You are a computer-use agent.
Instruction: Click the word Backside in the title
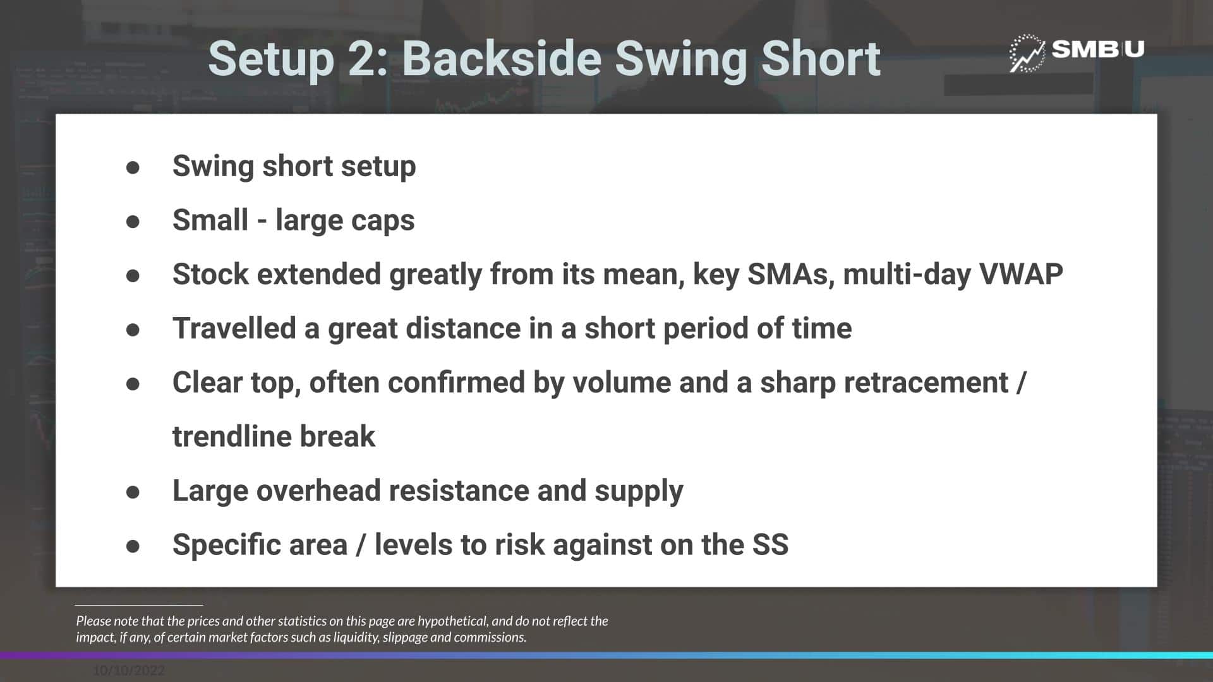502,59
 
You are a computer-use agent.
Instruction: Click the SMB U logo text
1098,49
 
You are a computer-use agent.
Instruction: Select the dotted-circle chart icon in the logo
1027,53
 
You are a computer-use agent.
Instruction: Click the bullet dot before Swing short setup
133,167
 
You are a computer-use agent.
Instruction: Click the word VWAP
1021,274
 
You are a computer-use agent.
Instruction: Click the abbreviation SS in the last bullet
770,545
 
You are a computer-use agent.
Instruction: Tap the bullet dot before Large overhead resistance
133,492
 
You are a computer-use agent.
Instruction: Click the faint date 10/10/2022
129,671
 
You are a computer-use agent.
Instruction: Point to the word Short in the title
821,59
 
